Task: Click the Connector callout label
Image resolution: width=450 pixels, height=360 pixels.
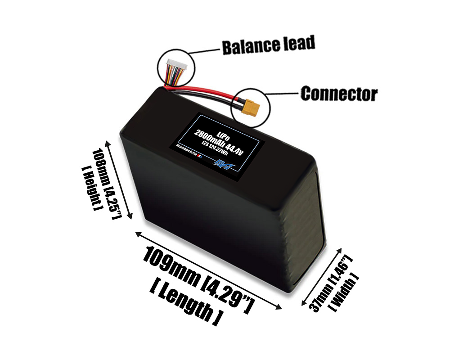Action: tap(338, 94)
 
